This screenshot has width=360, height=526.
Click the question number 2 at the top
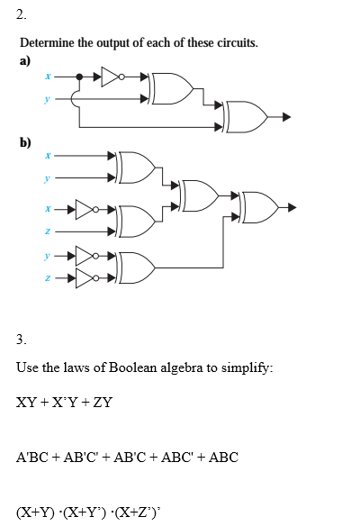pyautogui.click(x=21, y=14)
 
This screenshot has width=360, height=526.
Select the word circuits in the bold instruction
pyautogui.click(x=230, y=43)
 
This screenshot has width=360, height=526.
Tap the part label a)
pyautogui.click(x=25, y=60)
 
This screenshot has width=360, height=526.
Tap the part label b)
pyautogui.click(x=25, y=141)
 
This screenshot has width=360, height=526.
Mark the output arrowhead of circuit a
pyautogui.click(x=286, y=116)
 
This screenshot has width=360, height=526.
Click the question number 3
pyautogui.click(x=21, y=340)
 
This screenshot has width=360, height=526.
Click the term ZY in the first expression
pyautogui.click(x=103, y=402)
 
